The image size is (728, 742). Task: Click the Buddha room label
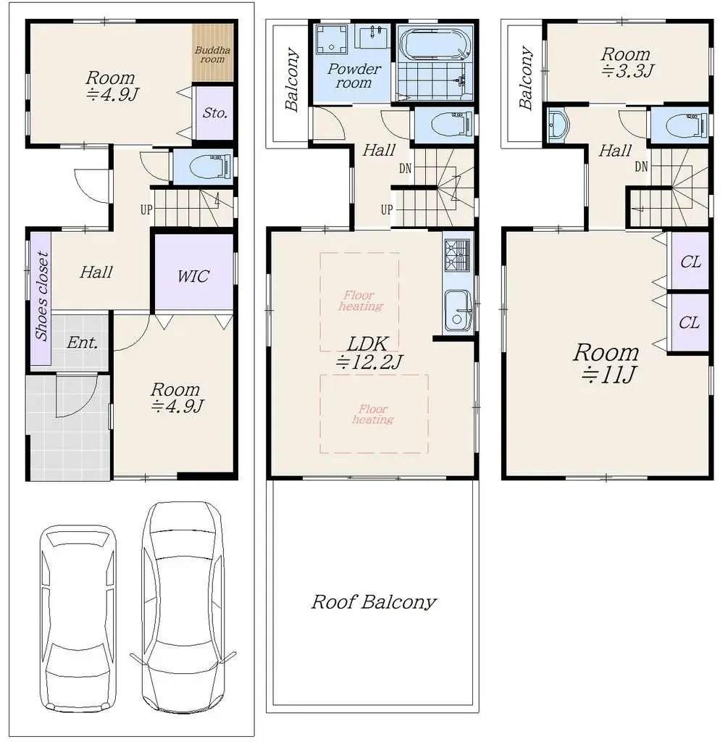click(213, 54)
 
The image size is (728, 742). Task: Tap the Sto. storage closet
click(215, 113)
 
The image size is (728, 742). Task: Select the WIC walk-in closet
click(193, 275)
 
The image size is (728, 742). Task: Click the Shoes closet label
click(42, 296)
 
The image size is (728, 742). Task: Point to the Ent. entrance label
click(82, 342)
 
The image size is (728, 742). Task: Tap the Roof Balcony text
click(374, 601)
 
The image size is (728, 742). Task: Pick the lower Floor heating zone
click(373, 414)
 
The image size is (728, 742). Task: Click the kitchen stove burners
click(457, 254)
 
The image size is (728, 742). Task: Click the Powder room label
click(353, 75)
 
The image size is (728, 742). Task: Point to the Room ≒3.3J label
click(626, 62)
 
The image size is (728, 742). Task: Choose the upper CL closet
click(690, 262)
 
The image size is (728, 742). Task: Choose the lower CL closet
click(690, 322)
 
